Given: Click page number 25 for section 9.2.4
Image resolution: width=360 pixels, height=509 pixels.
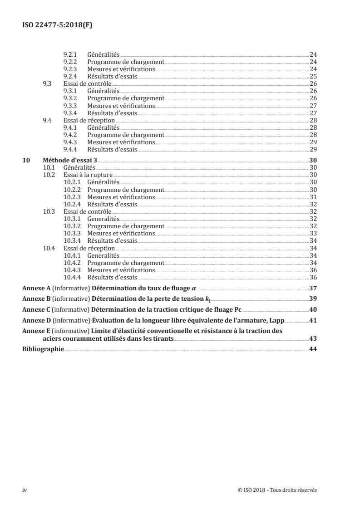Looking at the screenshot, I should pos(313,77).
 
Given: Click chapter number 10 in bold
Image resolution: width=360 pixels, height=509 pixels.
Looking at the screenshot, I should pos(26,160).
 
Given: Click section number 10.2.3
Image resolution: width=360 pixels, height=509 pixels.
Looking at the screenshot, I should pos(72,197).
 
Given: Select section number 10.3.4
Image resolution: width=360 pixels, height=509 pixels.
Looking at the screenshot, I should pos(72,241).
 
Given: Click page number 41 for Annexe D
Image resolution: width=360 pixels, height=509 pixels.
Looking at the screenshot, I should pos(313,321).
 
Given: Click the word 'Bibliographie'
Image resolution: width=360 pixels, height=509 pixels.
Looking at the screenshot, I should pos(43,349).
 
